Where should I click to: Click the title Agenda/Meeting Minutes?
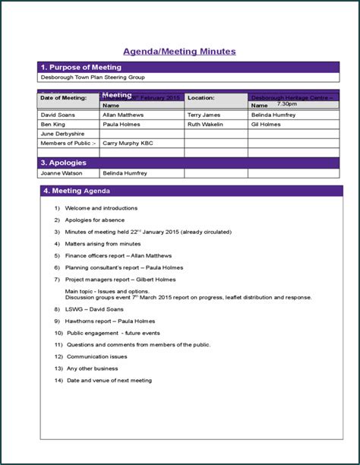point(179,51)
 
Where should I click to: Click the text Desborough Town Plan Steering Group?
point(93,77)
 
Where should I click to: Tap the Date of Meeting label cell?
point(64,98)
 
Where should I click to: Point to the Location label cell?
point(201,98)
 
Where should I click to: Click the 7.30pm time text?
point(287,103)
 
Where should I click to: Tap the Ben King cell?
point(53,124)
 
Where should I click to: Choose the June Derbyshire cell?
point(62,133)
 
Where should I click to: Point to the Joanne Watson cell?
point(60,173)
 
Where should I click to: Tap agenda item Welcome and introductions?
point(101,207)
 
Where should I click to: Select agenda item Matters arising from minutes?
point(103,244)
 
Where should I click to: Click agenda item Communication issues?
point(96,356)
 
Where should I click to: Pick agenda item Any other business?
point(93,369)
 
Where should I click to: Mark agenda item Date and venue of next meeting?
point(109,380)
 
